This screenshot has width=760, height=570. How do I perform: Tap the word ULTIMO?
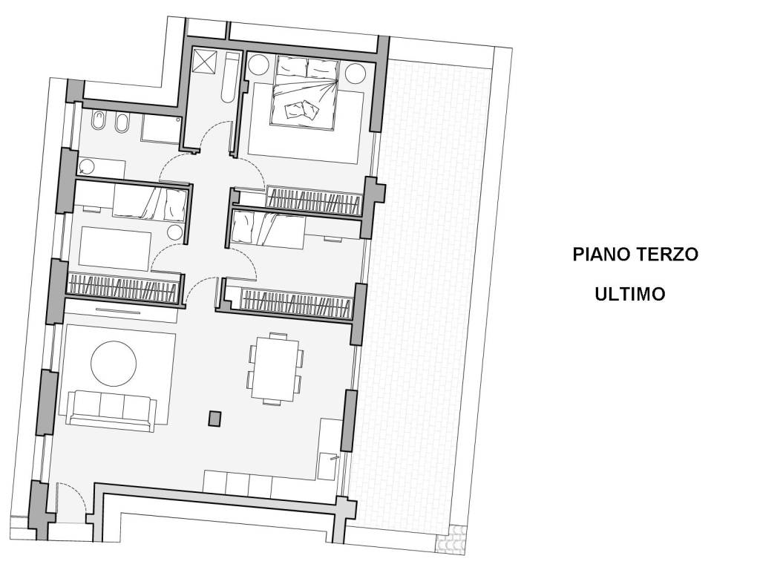pyautogui.click(x=629, y=295)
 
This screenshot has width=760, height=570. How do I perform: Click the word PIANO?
pyautogui.click(x=601, y=255)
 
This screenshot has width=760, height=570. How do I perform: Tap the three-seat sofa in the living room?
pyautogui.click(x=111, y=407)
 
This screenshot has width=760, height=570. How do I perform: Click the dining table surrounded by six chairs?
pyautogui.click(x=275, y=369)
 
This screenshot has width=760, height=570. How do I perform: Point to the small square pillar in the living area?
pyautogui.click(x=214, y=419)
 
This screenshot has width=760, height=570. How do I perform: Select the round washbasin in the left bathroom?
pyautogui.click(x=87, y=166)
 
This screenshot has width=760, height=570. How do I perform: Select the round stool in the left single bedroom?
pyautogui.click(x=174, y=232)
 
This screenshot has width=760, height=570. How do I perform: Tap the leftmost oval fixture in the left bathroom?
pyautogui.click(x=99, y=122)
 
